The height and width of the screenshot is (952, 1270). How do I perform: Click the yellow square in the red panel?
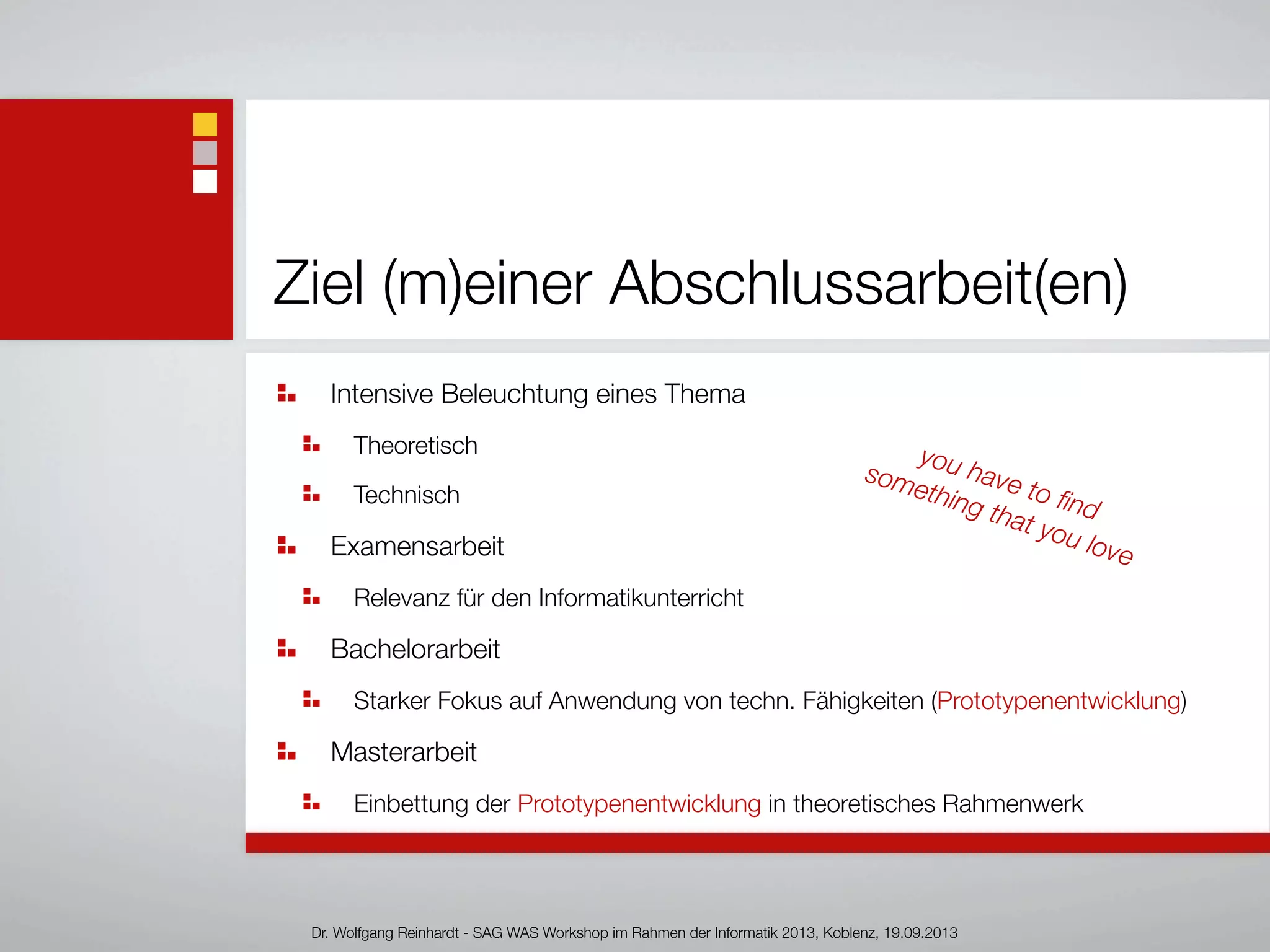[205, 125]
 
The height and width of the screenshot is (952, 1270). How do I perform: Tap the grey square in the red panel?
[205, 153]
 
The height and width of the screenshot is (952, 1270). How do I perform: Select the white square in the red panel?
[205, 182]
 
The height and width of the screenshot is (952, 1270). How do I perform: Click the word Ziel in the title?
[319, 283]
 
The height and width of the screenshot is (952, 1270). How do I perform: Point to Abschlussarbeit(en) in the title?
[868, 283]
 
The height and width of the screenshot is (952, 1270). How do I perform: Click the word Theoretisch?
[415, 446]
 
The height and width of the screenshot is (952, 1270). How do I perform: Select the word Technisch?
[406, 495]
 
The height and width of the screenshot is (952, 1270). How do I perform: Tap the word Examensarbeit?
[417, 547]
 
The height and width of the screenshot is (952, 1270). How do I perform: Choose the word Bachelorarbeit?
[415, 650]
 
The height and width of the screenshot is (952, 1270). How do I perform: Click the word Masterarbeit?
[403, 752]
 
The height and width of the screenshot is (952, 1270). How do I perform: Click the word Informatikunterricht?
[641, 598]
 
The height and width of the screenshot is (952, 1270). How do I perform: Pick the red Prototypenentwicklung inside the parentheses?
[1059, 701]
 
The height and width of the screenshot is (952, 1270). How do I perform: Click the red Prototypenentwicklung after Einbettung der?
[639, 804]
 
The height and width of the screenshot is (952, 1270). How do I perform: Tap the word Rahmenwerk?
[1013, 804]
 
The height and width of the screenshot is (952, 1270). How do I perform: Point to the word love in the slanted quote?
[1109, 549]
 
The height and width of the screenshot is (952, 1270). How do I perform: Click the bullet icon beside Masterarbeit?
[286, 751]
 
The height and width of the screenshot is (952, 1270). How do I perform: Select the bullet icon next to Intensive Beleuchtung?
[286, 393]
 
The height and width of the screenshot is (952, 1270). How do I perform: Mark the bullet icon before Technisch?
[311, 494]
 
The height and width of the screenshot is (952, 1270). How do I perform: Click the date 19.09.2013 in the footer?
[920, 933]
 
